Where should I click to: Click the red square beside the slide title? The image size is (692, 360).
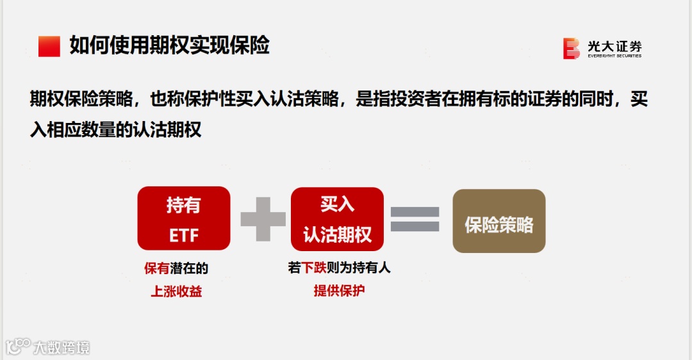pos(49,46)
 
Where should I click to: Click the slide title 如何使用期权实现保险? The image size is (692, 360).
pos(169,45)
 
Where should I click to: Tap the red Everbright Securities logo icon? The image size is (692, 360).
pos(571,49)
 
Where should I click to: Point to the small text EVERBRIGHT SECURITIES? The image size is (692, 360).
pos(614,56)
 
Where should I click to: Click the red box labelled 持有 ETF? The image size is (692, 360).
pos(183,218)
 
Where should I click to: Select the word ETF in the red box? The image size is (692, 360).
pos(183,235)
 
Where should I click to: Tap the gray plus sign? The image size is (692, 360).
pos(263,219)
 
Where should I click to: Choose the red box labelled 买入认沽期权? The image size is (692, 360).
pos(337,219)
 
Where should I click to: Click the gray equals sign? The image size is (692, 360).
pos(415,219)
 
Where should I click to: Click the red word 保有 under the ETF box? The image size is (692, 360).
pos(157,269)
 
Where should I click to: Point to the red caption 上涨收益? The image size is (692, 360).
pos(176,291)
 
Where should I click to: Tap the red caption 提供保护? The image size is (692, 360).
pos(339,290)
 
